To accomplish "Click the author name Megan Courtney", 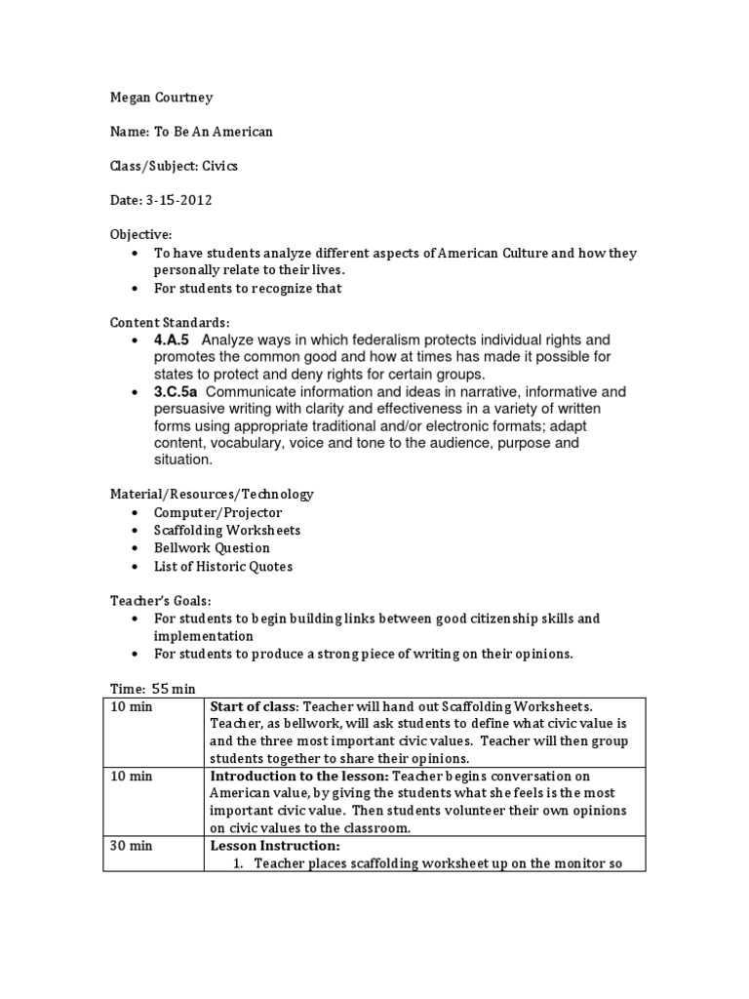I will click(160, 99).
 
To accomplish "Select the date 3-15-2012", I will click(179, 200).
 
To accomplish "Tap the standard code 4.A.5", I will click(174, 340).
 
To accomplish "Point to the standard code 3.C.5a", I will click(177, 391).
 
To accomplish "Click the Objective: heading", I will click(140, 234).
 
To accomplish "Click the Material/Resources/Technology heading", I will click(212, 495).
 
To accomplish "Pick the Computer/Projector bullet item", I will click(217, 513).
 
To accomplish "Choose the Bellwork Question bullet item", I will click(212, 548).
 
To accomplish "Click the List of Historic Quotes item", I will click(222, 566).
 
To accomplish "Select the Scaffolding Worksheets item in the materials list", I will click(226, 531).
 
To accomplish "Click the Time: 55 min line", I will click(152, 689).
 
